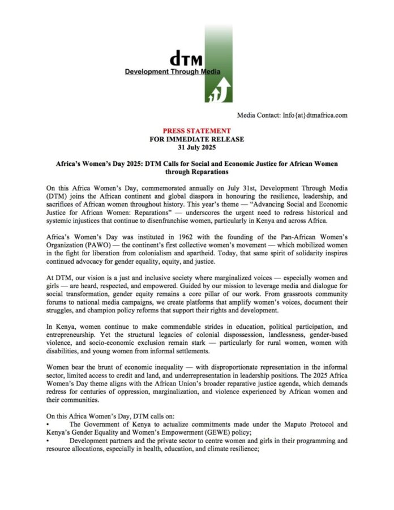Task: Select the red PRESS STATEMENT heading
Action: click(x=196, y=130)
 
